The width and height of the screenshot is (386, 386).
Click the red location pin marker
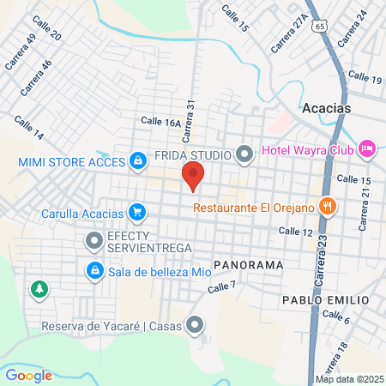(193, 178)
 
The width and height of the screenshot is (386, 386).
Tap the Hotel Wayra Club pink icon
(367, 148)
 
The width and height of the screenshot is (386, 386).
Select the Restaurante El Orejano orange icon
(326, 206)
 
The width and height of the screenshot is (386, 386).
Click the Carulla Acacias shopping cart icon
(136, 211)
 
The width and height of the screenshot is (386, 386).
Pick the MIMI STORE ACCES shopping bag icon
(137, 160)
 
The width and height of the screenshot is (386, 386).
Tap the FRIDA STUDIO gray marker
(244, 155)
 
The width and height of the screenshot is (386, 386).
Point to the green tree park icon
(37, 288)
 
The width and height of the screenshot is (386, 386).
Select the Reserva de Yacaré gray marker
(196, 325)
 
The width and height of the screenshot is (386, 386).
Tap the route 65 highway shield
(319, 27)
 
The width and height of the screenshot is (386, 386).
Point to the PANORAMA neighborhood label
(248, 265)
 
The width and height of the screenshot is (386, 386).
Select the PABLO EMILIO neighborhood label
(325, 300)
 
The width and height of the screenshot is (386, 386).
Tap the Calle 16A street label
(160, 123)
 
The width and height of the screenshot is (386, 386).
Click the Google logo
(29, 375)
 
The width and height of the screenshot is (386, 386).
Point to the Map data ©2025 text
(349, 379)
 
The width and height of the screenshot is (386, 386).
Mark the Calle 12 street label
(296, 232)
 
